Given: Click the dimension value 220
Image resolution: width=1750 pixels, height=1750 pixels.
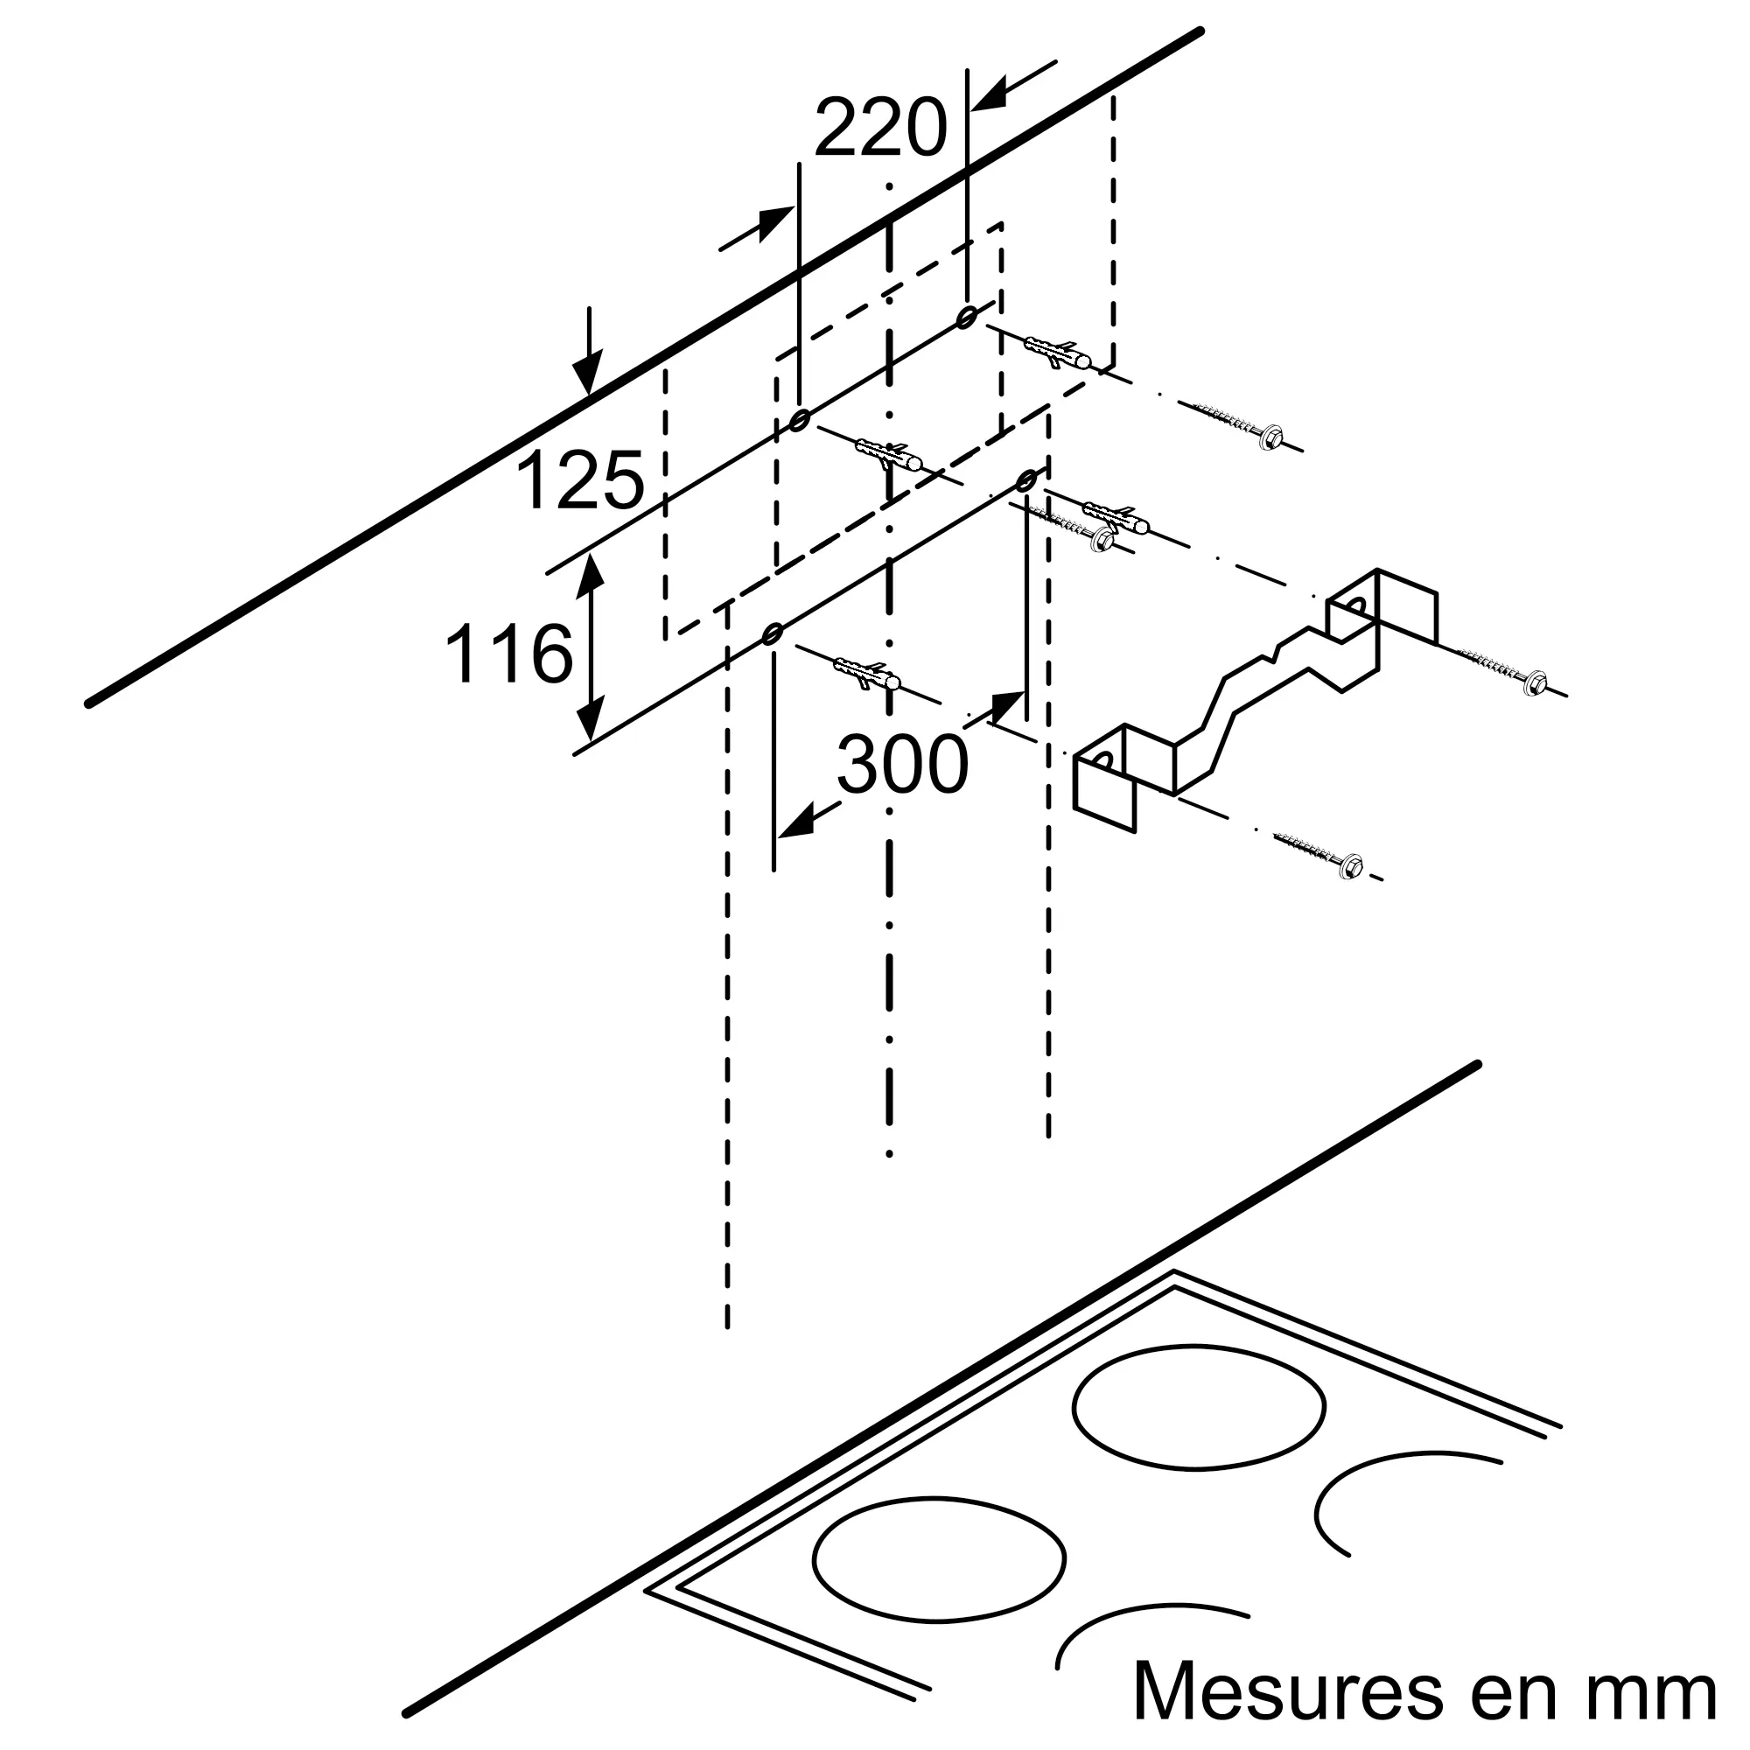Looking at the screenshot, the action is click(x=880, y=129).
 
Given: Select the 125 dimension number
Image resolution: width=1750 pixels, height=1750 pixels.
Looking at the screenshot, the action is click(x=580, y=481).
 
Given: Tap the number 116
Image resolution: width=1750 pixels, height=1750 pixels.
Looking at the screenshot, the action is click(x=509, y=652).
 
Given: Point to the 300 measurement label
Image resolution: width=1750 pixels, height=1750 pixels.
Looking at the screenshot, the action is click(x=902, y=765).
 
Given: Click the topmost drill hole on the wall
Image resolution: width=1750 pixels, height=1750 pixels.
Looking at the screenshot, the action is click(x=967, y=315).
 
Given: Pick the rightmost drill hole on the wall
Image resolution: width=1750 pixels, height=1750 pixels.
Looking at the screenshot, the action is click(x=1026, y=480).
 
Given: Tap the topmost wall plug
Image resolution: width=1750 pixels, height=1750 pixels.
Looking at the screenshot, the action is click(x=1058, y=353).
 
